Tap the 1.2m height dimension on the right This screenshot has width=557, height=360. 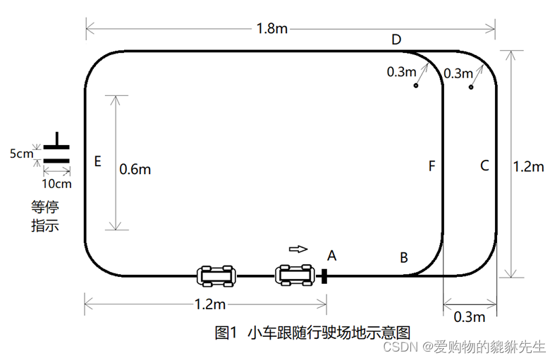pos(527,167)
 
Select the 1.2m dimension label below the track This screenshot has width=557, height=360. pos(209,304)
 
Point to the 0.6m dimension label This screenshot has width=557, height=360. pos(135,169)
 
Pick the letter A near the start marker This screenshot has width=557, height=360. pos(332,256)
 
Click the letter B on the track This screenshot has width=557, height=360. pos(404,258)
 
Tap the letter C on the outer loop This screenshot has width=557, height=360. pos(484,166)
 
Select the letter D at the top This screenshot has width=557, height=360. pos(396,39)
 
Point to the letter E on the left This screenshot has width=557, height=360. pos(97,162)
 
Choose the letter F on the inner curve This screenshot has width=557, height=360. pos(431,166)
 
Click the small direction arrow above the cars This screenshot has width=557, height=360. pos(299,248)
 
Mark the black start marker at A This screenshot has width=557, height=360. pos(324,275)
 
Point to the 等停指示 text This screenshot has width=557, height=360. pos(44,216)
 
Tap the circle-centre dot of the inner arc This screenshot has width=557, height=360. pos(416,86)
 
